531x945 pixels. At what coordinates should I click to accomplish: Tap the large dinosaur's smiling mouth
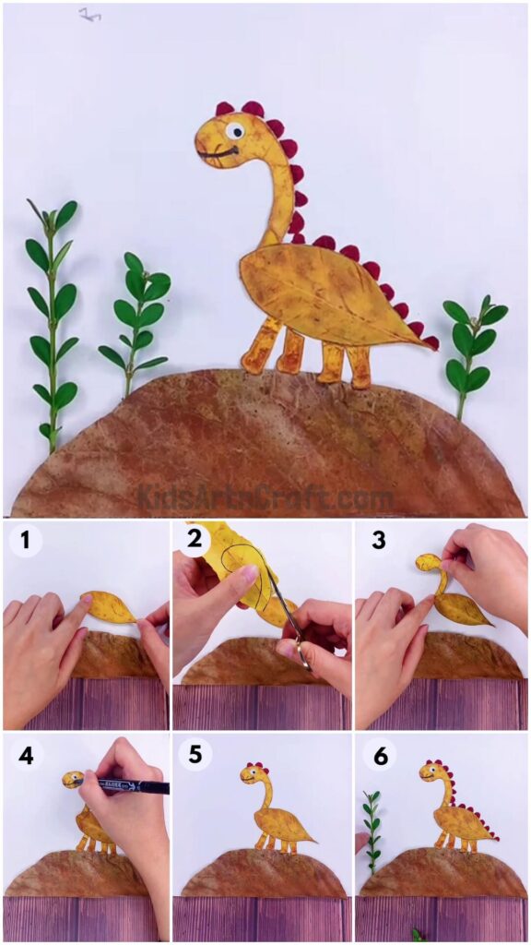coord(219,153)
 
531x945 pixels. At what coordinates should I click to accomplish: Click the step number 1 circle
coord(25,541)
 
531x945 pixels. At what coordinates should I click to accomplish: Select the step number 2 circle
coord(195,539)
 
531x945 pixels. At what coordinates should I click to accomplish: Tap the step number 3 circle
coord(378,541)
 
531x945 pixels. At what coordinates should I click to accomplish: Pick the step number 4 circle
coord(25,755)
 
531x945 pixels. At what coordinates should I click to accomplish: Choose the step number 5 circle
coord(195,755)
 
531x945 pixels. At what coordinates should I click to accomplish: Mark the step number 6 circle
coord(378,755)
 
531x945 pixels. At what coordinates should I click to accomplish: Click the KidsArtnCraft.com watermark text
coord(265,498)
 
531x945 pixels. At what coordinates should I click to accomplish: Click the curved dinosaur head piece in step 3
coord(431,565)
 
